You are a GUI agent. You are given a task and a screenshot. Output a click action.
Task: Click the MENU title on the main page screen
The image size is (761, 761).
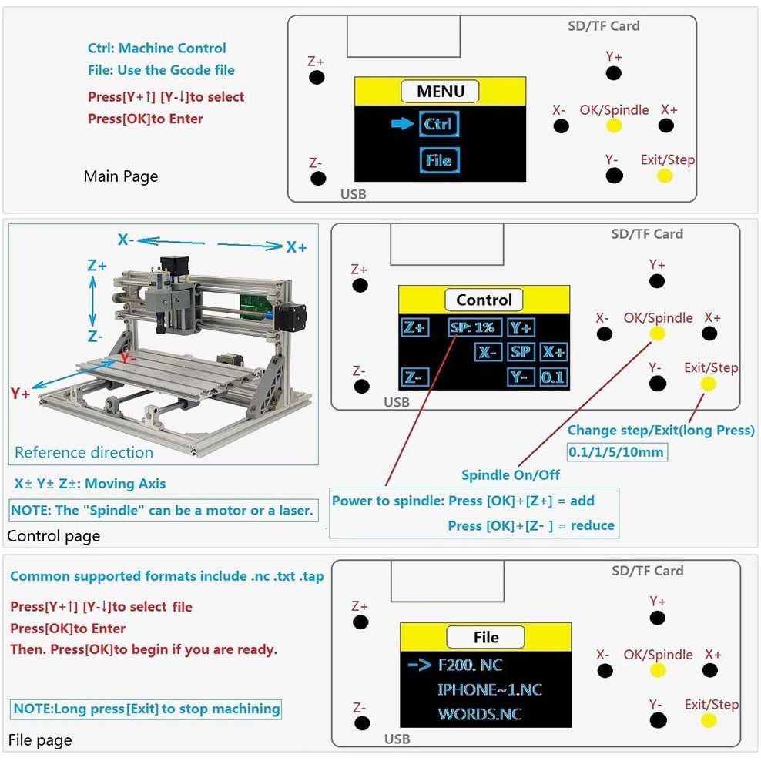(441, 91)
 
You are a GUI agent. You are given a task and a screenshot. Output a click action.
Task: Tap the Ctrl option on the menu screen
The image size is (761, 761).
(438, 124)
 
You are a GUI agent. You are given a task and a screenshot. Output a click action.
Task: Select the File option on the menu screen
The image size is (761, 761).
(439, 160)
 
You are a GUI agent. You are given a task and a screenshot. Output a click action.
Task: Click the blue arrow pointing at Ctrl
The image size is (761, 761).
(402, 124)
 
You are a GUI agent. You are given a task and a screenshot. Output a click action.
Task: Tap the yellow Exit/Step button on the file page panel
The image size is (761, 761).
(709, 720)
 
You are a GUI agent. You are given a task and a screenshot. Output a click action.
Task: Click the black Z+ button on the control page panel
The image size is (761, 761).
(360, 285)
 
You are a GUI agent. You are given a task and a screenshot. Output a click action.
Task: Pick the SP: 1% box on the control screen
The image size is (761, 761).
(472, 327)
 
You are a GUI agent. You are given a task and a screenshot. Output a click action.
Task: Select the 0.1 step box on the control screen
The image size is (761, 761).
(552, 377)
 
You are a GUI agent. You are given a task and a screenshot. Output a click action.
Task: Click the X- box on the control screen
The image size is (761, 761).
(487, 352)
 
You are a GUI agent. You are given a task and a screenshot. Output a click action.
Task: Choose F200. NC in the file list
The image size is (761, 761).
(470, 665)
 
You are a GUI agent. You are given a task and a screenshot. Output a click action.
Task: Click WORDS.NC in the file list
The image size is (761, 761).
(480, 714)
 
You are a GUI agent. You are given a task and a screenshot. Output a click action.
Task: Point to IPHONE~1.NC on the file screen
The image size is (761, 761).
(489, 689)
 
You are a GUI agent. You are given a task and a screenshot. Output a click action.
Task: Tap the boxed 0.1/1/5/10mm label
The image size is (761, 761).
(615, 451)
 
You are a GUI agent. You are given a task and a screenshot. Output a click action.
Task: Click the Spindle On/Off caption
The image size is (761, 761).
(511, 474)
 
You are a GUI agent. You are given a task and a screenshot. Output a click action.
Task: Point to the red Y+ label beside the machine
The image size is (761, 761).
(20, 394)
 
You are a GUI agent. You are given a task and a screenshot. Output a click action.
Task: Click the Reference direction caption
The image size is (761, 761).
(84, 452)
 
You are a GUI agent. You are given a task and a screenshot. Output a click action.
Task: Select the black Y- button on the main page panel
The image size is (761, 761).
(614, 176)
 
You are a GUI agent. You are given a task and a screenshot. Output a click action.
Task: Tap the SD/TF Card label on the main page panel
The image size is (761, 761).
(604, 25)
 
